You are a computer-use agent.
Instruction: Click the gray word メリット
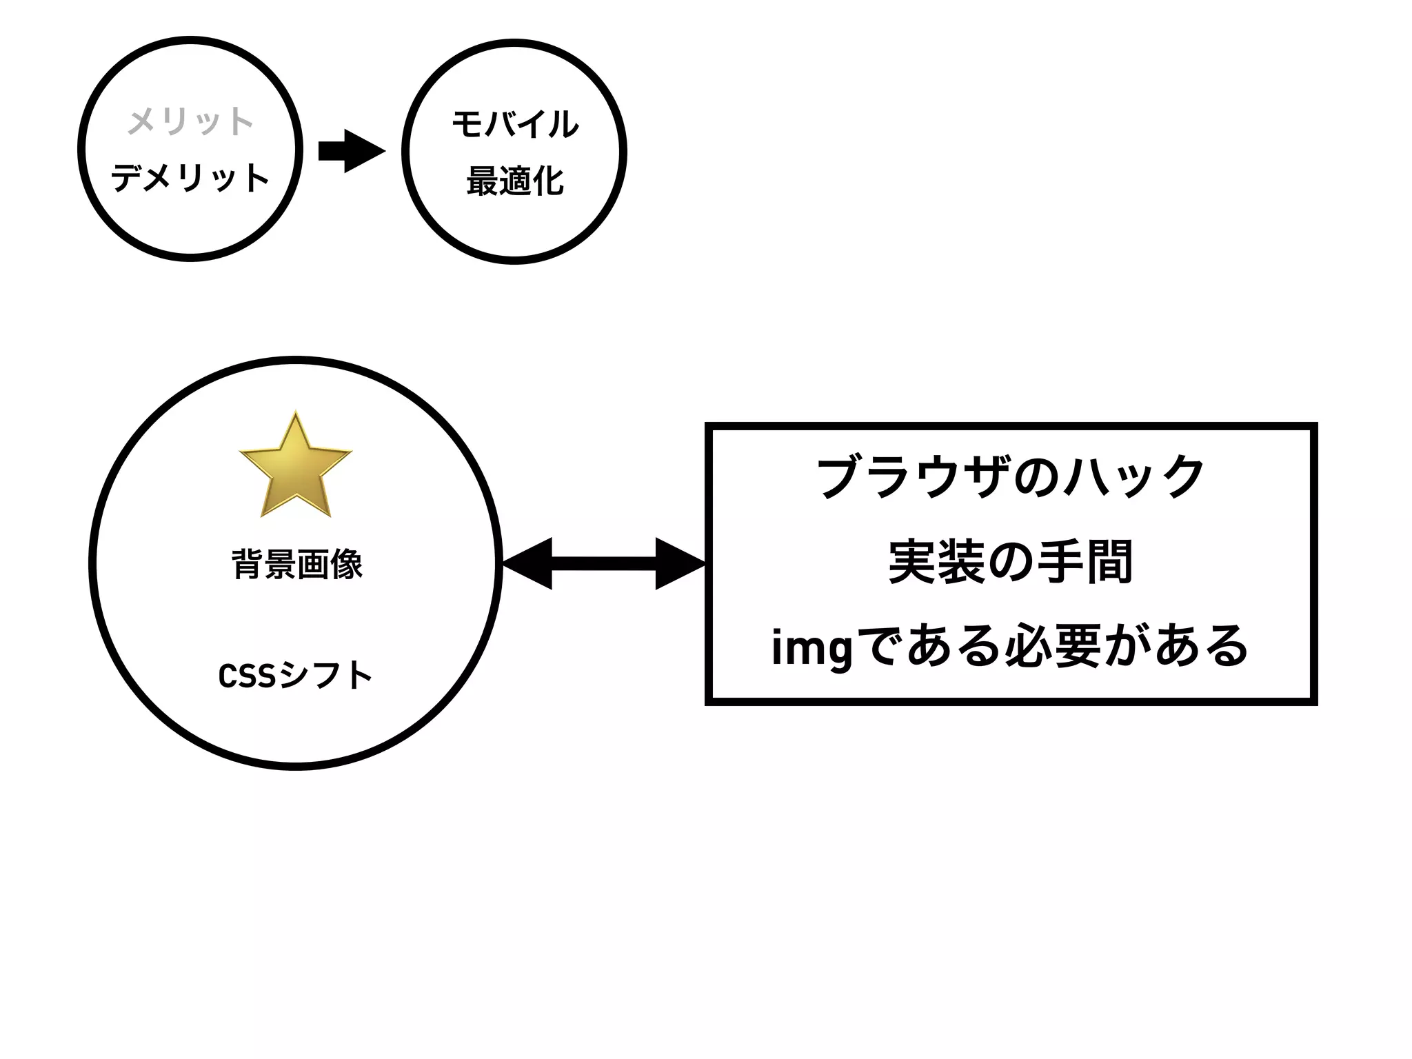pyautogui.click(x=190, y=121)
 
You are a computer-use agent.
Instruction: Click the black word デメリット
pyautogui.click(x=190, y=178)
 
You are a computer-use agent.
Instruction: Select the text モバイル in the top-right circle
pyautogui.click(x=515, y=124)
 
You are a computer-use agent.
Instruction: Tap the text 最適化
pyautogui.click(x=515, y=182)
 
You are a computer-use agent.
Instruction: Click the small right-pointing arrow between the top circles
pyautogui.click(x=352, y=150)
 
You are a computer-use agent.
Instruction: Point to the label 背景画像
pyautogui.click(x=297, y=565)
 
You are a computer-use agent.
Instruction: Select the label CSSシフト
pyautogui.click(x=295, y=676)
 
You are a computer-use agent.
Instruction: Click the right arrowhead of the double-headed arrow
pyautogui.click(x=678, y=564)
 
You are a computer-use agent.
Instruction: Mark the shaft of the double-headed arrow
pyautogui.click(x=603, y=564)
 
